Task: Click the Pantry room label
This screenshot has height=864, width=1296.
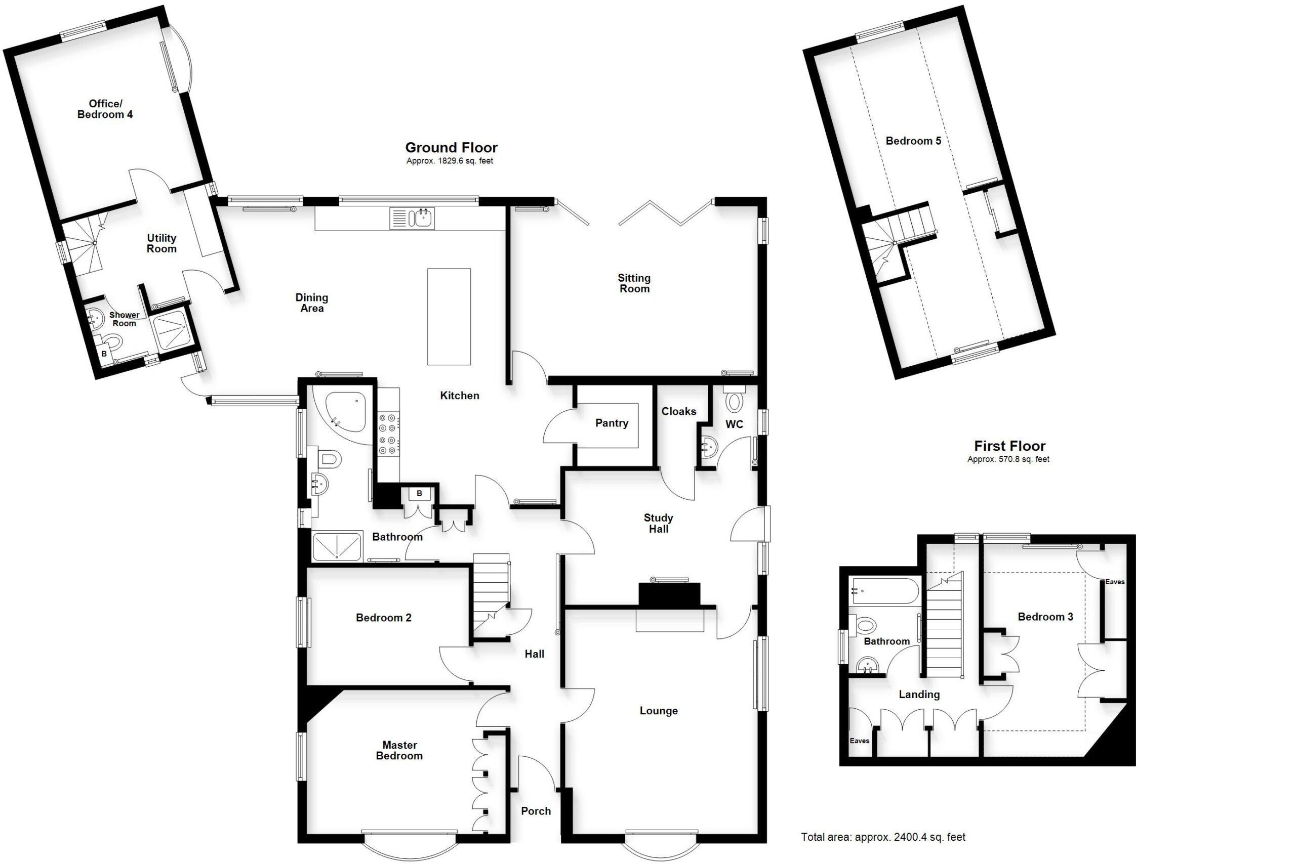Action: [612, 423]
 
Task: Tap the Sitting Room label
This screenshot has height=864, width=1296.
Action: [634, 283]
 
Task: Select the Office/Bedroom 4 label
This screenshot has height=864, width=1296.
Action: [105, 109]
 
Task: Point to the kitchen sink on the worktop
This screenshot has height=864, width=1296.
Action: [412, 218]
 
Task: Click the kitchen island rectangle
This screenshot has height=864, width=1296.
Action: [449, 317]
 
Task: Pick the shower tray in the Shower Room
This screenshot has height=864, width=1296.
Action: [172, 331]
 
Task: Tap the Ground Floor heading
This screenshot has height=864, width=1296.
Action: [451, 148]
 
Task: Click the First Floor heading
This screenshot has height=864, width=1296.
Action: [1010, 446]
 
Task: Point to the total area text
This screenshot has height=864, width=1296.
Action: [883, 837]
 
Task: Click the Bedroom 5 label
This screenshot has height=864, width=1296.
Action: [913, 141]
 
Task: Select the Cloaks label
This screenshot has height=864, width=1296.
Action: [679, 412]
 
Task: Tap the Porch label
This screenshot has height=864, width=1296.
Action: [536, 811]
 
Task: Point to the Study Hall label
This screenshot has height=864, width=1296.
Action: [659, 524]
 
